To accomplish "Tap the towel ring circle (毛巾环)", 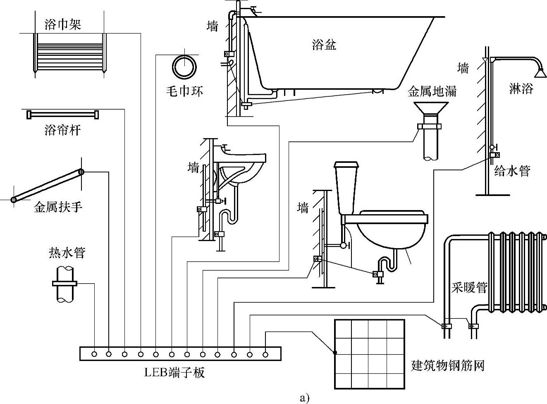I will (184, 67).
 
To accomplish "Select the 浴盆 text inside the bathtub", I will (324, 44).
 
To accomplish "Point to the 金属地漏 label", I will (432, 91).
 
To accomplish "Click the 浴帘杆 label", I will (63, 130).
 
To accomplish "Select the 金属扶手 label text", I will (58, 206).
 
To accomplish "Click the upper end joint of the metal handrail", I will (81, 172).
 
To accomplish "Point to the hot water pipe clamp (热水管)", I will (65, 283).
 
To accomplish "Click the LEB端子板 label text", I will (174, 373).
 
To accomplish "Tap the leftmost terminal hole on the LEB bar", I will (95, 354).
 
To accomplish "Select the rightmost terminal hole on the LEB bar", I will (265, 354).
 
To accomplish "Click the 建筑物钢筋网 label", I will (447, 366).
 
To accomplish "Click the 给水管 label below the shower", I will (512, 170).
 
